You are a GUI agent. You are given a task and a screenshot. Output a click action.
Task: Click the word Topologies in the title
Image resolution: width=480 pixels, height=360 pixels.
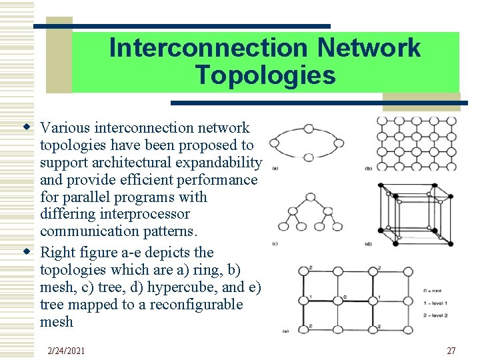[x=265, y=75]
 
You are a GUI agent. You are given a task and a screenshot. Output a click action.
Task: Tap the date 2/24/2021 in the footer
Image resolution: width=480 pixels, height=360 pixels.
[x=67, y=351]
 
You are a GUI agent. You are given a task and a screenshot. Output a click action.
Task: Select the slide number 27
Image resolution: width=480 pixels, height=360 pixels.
[x=451, y=351]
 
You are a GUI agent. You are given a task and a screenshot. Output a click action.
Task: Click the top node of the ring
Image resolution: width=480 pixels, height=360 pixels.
[x=309, y=129]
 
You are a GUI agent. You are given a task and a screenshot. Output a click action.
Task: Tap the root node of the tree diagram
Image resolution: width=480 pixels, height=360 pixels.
[x=310, y=197]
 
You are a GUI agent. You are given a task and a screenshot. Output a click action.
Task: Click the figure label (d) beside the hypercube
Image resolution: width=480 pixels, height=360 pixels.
[x=369, y=243]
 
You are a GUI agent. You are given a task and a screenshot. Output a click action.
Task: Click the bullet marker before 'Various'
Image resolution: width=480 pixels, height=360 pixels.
[x=27, y=127]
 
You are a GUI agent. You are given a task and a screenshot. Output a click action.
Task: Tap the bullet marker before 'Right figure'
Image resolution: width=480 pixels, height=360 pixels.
[x=27, y=251]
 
